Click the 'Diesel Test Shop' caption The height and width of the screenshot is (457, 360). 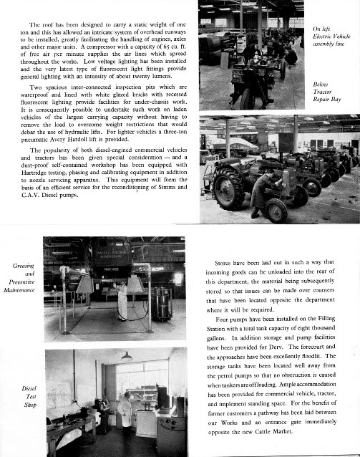tap(28, 400)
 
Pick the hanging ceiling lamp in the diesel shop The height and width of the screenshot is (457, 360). tap(126, 357)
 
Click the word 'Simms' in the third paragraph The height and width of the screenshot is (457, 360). tap(165, 187)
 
